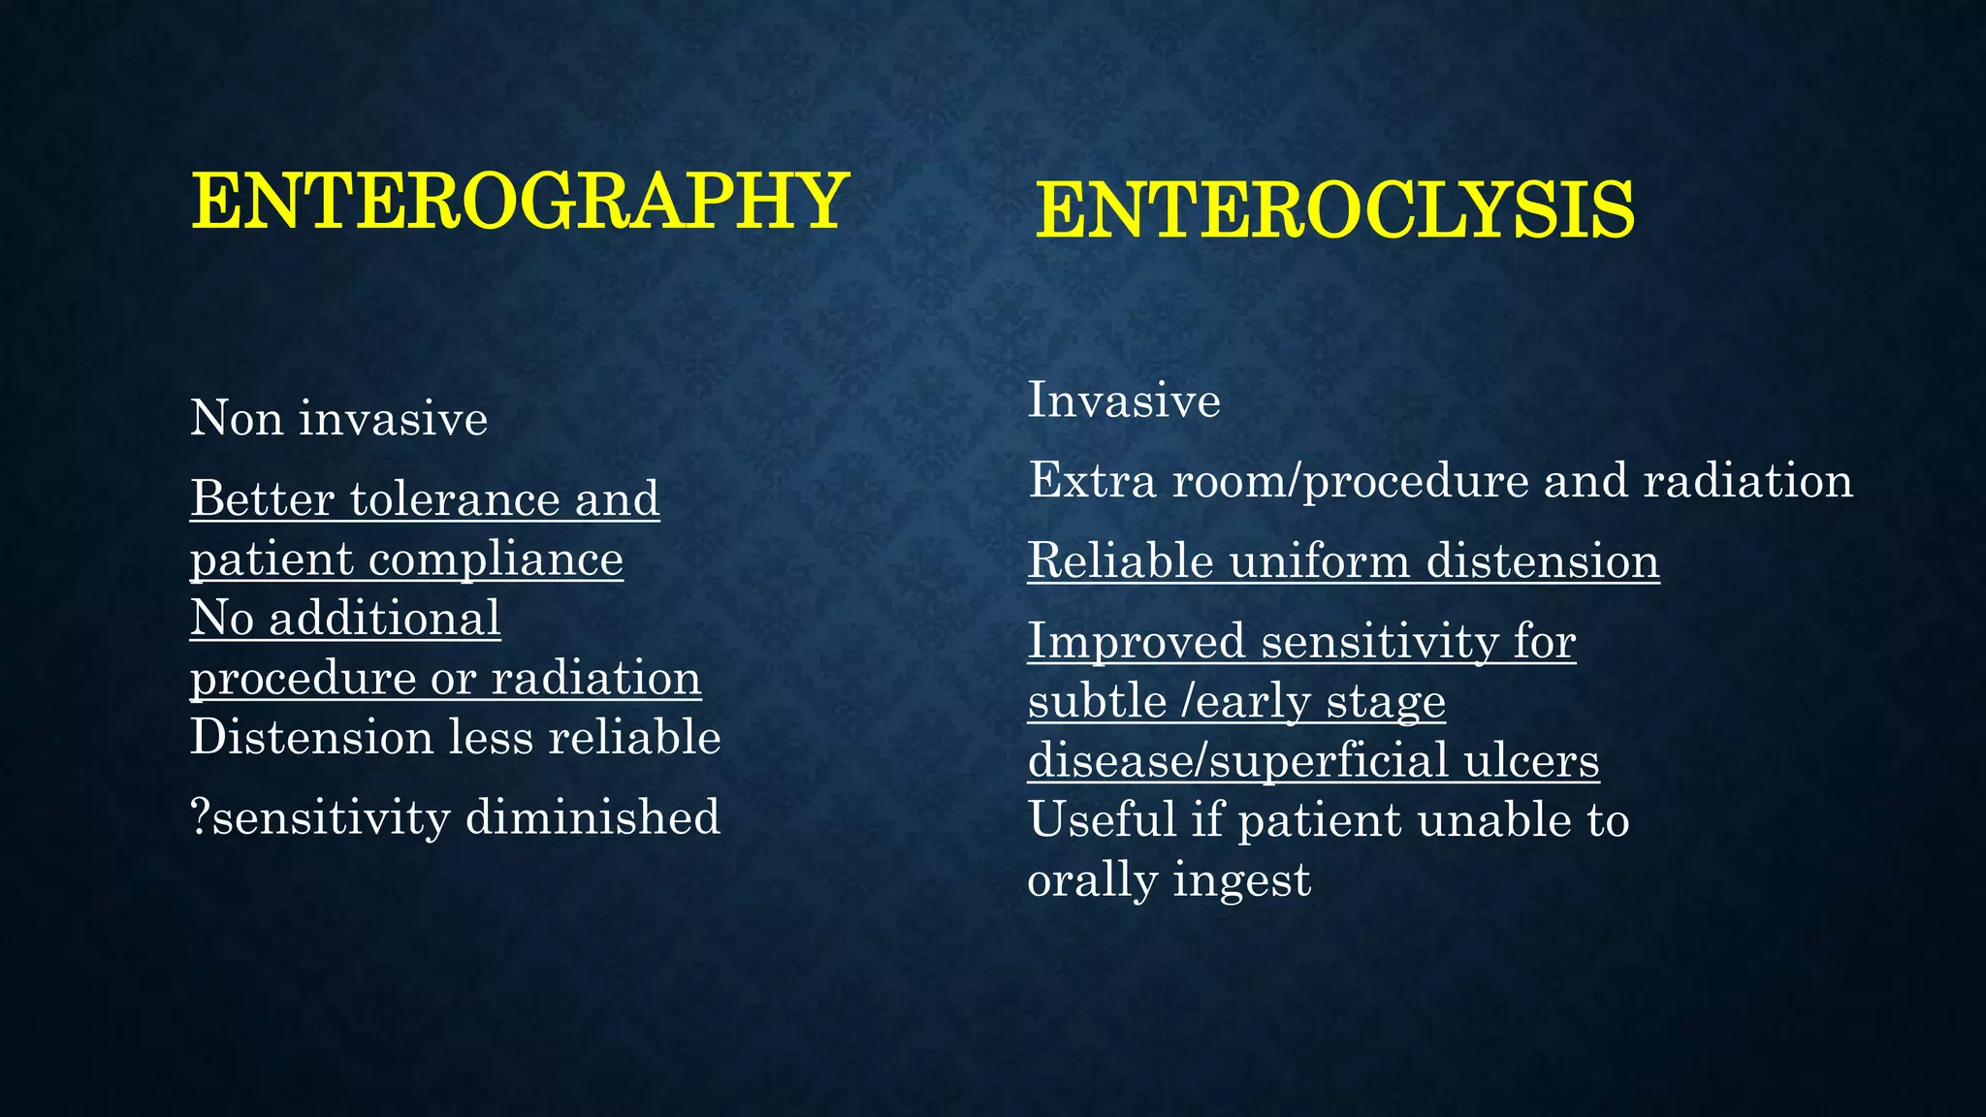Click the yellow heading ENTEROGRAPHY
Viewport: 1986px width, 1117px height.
520,201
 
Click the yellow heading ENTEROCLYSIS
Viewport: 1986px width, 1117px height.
1335,210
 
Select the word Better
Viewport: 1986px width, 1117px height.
262,499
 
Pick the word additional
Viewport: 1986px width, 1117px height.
385,619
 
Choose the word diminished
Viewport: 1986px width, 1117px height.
593,817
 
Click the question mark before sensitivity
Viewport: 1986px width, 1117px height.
200,817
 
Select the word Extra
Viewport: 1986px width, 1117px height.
1092,481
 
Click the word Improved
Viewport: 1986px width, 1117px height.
1137,642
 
